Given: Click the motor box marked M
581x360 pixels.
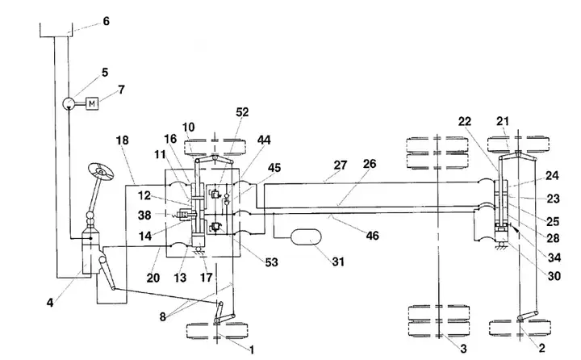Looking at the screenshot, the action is [92, 103].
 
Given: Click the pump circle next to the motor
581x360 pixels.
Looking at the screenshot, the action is [69, 103].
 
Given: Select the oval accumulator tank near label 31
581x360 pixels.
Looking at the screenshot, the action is [306, 237].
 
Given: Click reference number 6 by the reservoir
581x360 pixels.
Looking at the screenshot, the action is [107, 21].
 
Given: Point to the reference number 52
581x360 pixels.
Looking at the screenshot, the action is [242, 112].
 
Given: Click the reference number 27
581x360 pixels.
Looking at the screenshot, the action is [341, 165].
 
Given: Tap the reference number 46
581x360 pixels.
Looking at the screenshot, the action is [372, 236].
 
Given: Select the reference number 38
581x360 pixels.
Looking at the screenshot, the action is [144, 215].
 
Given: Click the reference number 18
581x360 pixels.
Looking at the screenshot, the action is [123, 140].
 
